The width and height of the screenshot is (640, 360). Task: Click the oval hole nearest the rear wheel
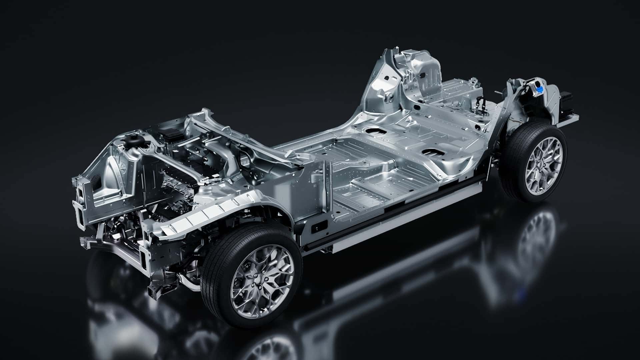tap(431, 152)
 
